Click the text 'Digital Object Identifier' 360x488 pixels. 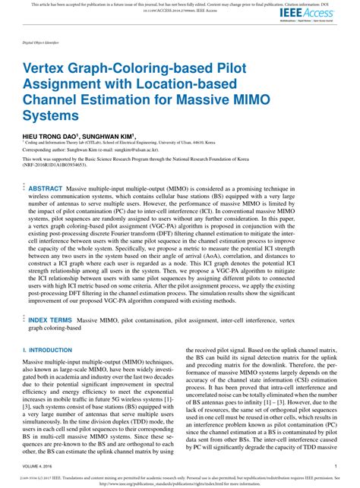(x=41, y=44)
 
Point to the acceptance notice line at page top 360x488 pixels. (x=180, y=4)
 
